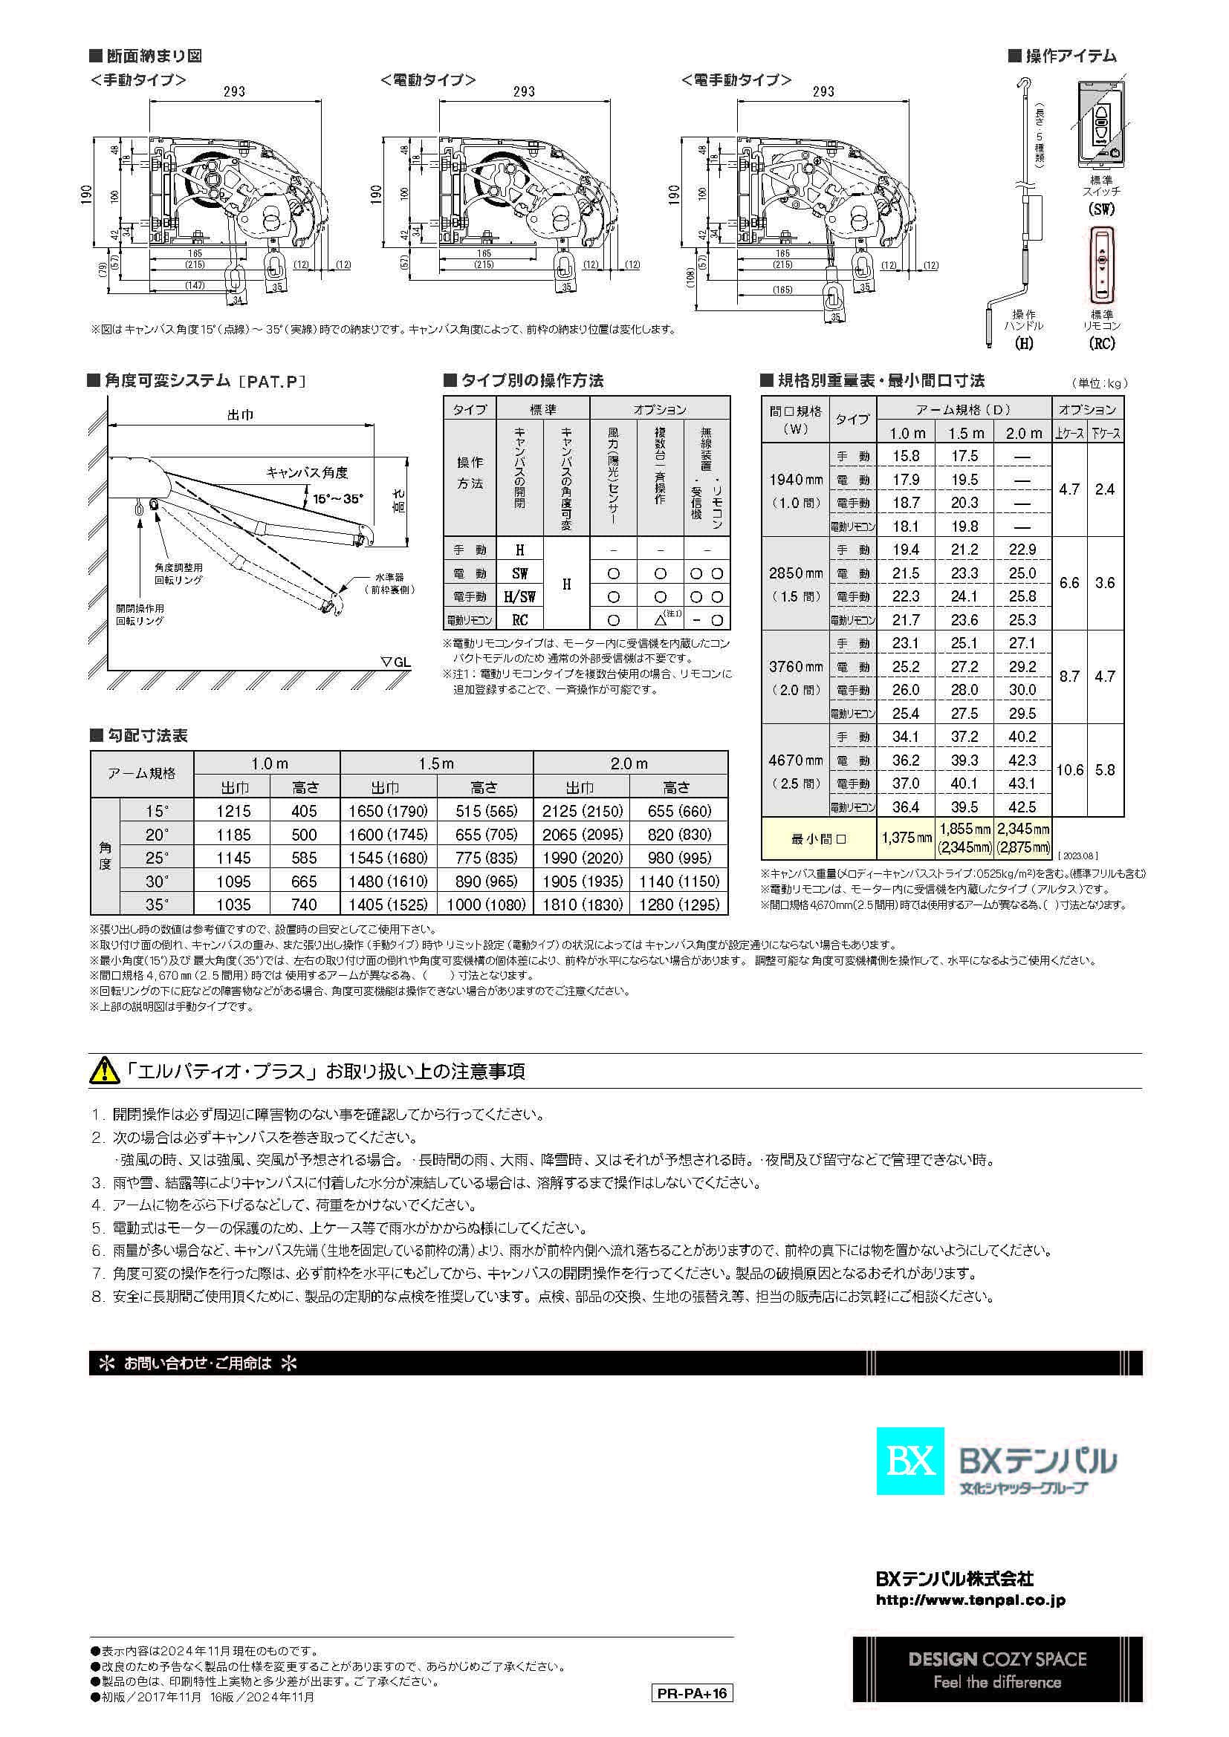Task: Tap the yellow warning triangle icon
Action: [105, 1071]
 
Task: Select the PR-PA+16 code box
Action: [692, 1693]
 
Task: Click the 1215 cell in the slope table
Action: [233, 811]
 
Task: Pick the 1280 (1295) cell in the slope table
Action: [679, 904]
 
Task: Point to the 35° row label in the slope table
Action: [157, 904]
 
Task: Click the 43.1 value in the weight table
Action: [1022, 783]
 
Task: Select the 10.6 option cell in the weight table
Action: [1069, 770]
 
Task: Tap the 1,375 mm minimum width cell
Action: [906, 838]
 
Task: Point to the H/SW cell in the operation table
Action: [519, 597]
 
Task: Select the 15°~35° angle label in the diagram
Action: [337, 498]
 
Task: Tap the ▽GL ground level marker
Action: [396, 662]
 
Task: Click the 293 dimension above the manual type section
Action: [235, 91]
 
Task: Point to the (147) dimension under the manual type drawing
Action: [195, 285]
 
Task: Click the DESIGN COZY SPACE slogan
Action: [996, 1660]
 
